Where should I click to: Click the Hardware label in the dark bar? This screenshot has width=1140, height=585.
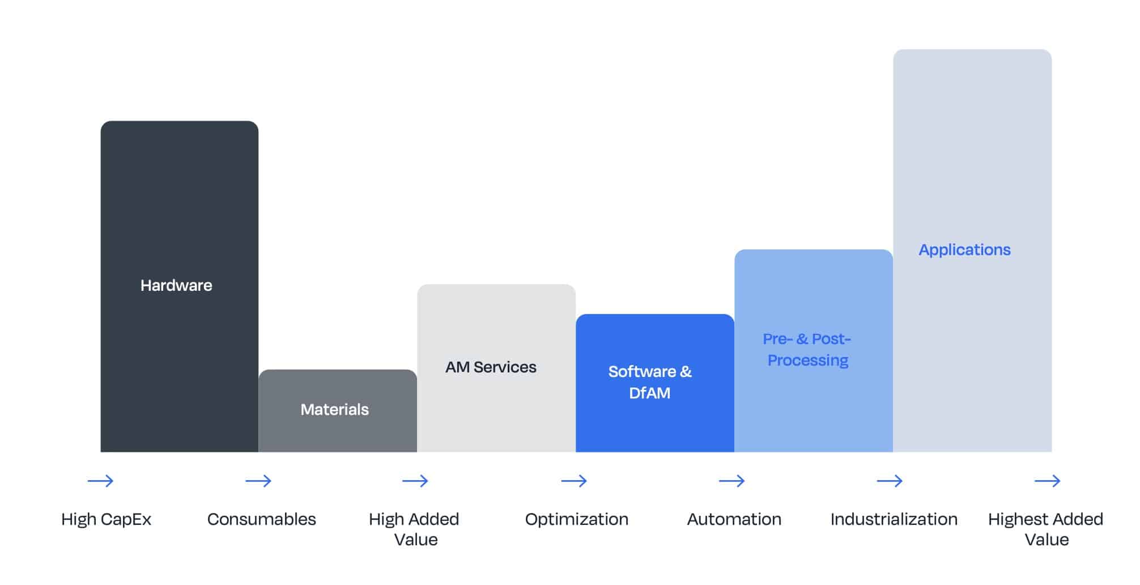(176, 285)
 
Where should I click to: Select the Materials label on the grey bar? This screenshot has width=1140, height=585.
(334, 409)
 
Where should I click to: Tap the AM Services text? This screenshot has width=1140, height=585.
(491, 367)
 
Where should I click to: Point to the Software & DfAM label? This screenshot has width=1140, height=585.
(650, 382)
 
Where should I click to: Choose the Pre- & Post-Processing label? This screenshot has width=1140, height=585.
(807, 349)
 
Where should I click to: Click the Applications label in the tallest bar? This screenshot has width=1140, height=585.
(964, 250)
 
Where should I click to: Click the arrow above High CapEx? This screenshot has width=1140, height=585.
(100, 481)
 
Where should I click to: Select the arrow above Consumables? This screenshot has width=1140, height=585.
(258, 481)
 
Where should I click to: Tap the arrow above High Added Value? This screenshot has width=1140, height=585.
(415, 481)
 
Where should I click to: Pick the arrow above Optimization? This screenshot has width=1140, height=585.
(574, 481)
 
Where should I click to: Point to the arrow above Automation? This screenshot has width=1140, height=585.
(732, 481)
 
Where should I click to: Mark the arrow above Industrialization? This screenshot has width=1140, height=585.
(890, 481)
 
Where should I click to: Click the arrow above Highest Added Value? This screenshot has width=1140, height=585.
(1047, 481)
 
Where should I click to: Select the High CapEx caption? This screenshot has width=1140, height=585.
(106, 519)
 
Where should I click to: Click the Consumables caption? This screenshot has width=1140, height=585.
(261, 519)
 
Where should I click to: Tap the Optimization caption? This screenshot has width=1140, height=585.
(577, 519)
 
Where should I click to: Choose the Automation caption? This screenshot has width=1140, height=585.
(734, 519)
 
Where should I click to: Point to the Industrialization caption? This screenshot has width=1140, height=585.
(894, 519)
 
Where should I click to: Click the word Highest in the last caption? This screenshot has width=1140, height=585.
(1019, 519)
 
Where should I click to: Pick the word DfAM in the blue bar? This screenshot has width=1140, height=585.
(650, 393)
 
